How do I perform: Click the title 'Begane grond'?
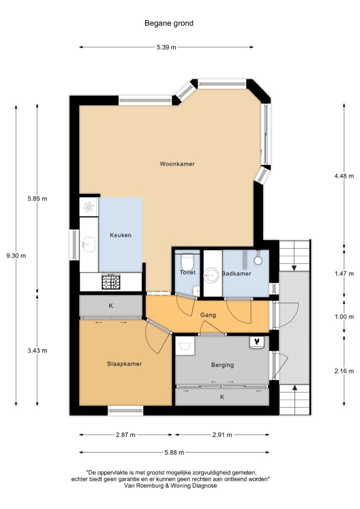click(169, 23)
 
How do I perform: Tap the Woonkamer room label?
click(177, 164)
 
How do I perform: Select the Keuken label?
click(120, 235)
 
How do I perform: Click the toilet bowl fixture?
click(187, 261)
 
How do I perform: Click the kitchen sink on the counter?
click(89, 245)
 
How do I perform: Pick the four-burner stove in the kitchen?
click(111, 282)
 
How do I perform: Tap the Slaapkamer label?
click(125, 364)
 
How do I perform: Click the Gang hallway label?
click(208, 315)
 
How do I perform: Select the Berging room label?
click(222, 365)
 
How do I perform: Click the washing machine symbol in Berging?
click(185, 346)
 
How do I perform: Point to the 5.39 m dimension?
click(167, 47)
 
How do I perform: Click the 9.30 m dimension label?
click(16, 255)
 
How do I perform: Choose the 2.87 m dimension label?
click(126, 435)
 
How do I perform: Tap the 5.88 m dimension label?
click(175, 452)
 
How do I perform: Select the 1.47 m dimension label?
click(344, 274)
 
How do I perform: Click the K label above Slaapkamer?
click(111, 306)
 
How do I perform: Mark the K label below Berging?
click(222, 397)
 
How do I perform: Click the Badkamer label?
click(236, 274)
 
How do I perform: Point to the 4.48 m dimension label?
click(344, 176)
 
